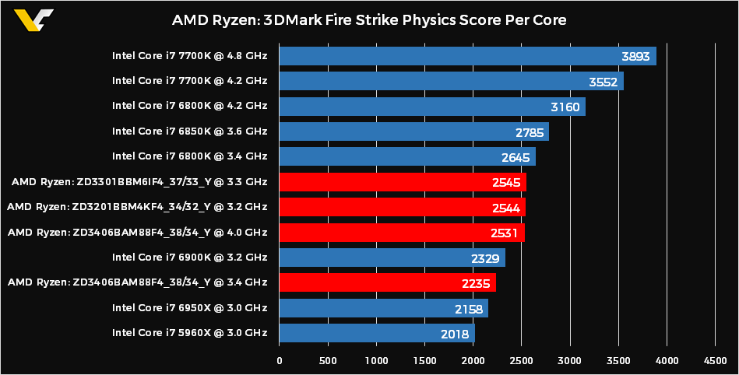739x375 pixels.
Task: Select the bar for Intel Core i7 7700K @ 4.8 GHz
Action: pyautogui.click(x=467, y=56)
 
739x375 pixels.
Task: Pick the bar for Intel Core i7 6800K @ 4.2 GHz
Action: pyautogui.click(x=432, y=107)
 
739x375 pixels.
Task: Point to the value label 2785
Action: pyautogui.click(x=530, y=131)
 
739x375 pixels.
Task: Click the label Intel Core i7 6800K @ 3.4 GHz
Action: pyautogui.click(x=189, y=157)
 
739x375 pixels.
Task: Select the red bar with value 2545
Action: pyautogui.click(x=403, y=182)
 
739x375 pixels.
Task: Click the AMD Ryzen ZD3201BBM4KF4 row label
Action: pyautogui.click(x=137, y=207)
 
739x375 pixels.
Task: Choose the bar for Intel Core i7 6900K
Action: pyautogui.click(x=392, y=258)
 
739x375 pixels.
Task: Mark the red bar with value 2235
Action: pyautogui.click(x=387, y=282)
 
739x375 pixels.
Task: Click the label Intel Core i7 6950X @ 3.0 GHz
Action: pyautogui.click(x=189, y=308)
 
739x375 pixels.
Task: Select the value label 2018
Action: pyautogui.click(x=456, y=334)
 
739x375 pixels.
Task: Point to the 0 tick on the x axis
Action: pyautogui.click(x=280, y=360)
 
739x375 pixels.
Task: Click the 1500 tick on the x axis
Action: pyautogui.click(x=424, y=360)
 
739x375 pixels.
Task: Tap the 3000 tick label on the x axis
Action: pyautogui.click(x=570, y=360)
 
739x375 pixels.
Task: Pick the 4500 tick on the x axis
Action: pyautogui.click(x=715, y=360)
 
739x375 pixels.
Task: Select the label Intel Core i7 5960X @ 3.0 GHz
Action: pyautogui.click(x=189, y=333)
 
